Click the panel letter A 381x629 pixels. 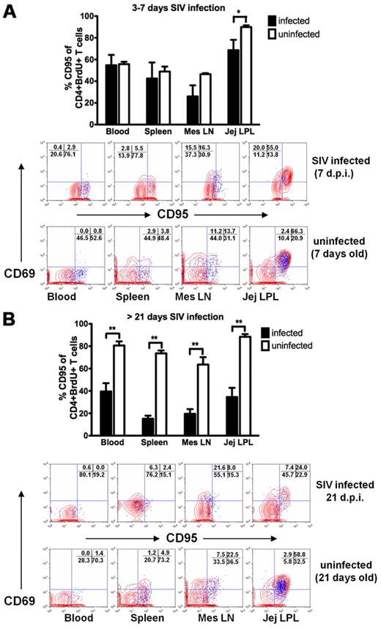(13, 12)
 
